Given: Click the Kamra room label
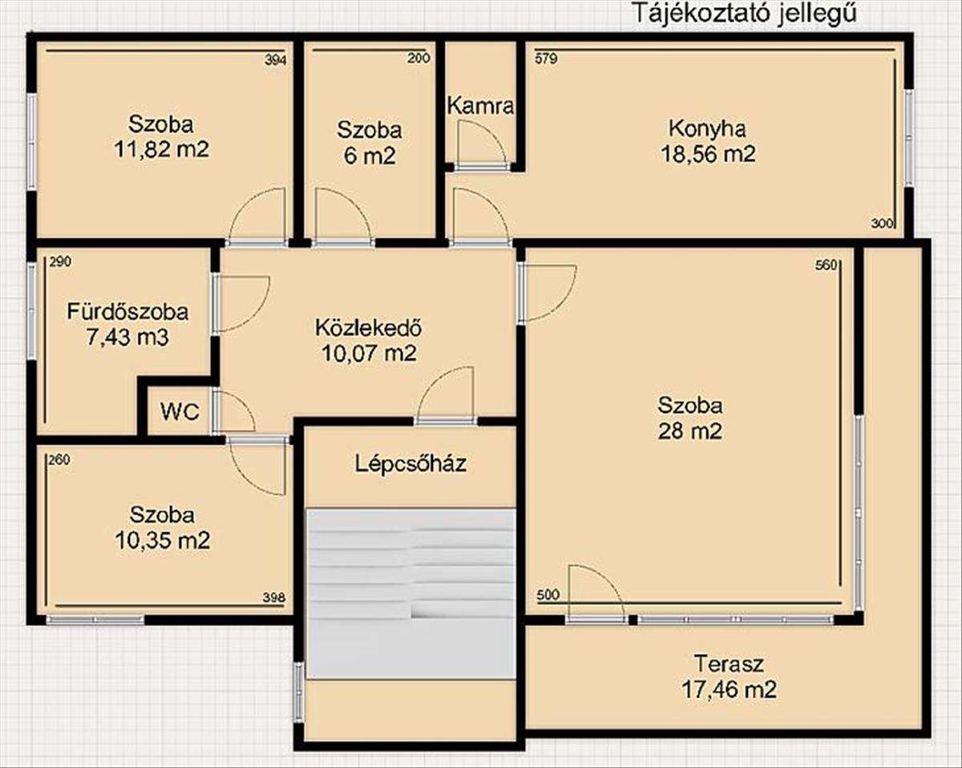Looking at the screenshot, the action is [480, 107].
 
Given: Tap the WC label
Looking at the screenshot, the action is [180, 411].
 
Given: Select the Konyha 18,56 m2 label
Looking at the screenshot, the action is [708, 141].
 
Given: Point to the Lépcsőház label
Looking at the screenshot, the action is [410, 463].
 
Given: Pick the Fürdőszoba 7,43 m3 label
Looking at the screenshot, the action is [127, 325].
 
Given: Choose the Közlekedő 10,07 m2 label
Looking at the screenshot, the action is [370, 341].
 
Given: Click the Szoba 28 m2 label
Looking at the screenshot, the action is [690, 418].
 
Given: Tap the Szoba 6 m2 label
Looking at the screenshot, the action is [370, 143].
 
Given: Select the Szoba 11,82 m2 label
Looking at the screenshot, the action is [162, 137].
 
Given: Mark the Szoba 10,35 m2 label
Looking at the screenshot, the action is [163, 528].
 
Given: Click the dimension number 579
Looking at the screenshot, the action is [546, 59].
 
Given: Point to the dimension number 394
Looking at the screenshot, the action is [275, 60].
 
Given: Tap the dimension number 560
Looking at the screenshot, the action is [826, 265].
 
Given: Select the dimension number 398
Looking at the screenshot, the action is [274, 597].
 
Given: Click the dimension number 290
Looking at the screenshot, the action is [60, 262].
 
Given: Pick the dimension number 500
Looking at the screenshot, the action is [548, 594].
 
